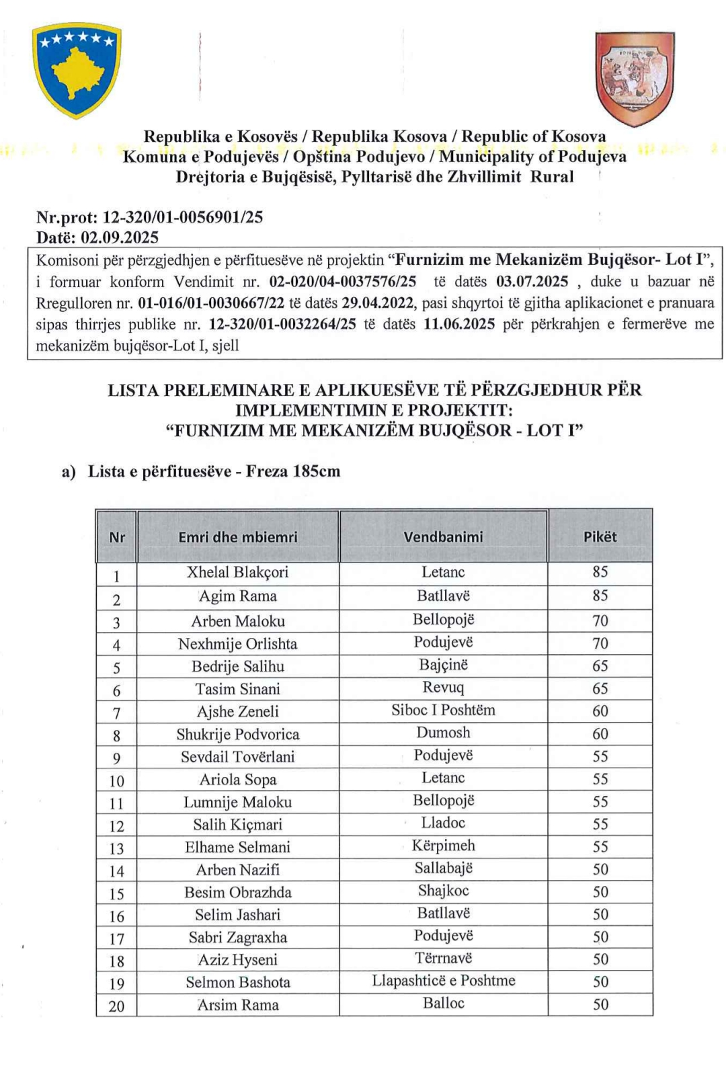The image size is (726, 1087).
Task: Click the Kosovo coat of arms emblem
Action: point(77,71)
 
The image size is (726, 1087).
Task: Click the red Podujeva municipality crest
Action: point(634,79)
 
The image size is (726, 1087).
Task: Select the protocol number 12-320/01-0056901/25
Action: point(182,217)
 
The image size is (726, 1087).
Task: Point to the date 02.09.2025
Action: point(120,237)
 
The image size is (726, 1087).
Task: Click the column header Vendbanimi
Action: point(443,536)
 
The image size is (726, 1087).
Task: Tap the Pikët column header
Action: point(600,536)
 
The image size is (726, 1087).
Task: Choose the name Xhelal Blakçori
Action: point(237,572)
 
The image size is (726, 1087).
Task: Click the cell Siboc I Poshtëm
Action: point(443,711)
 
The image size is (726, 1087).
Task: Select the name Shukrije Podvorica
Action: point(237,734)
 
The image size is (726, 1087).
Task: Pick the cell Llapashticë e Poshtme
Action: point(443,981)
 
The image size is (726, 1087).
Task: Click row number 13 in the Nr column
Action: point(116,848)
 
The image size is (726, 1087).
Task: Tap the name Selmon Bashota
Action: point(237,982)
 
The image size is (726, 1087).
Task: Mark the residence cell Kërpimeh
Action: point(443,846)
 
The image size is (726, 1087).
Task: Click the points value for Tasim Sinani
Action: point(600,688)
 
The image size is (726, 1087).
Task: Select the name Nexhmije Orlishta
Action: point(237,644)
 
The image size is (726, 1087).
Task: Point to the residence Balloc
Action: point(443,1003)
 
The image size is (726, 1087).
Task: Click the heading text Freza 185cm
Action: point(293,471)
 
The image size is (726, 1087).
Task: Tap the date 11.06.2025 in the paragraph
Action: point(459,324)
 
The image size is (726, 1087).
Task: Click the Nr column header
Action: point(116,536)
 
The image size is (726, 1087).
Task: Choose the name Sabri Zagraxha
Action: point(237,937)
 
